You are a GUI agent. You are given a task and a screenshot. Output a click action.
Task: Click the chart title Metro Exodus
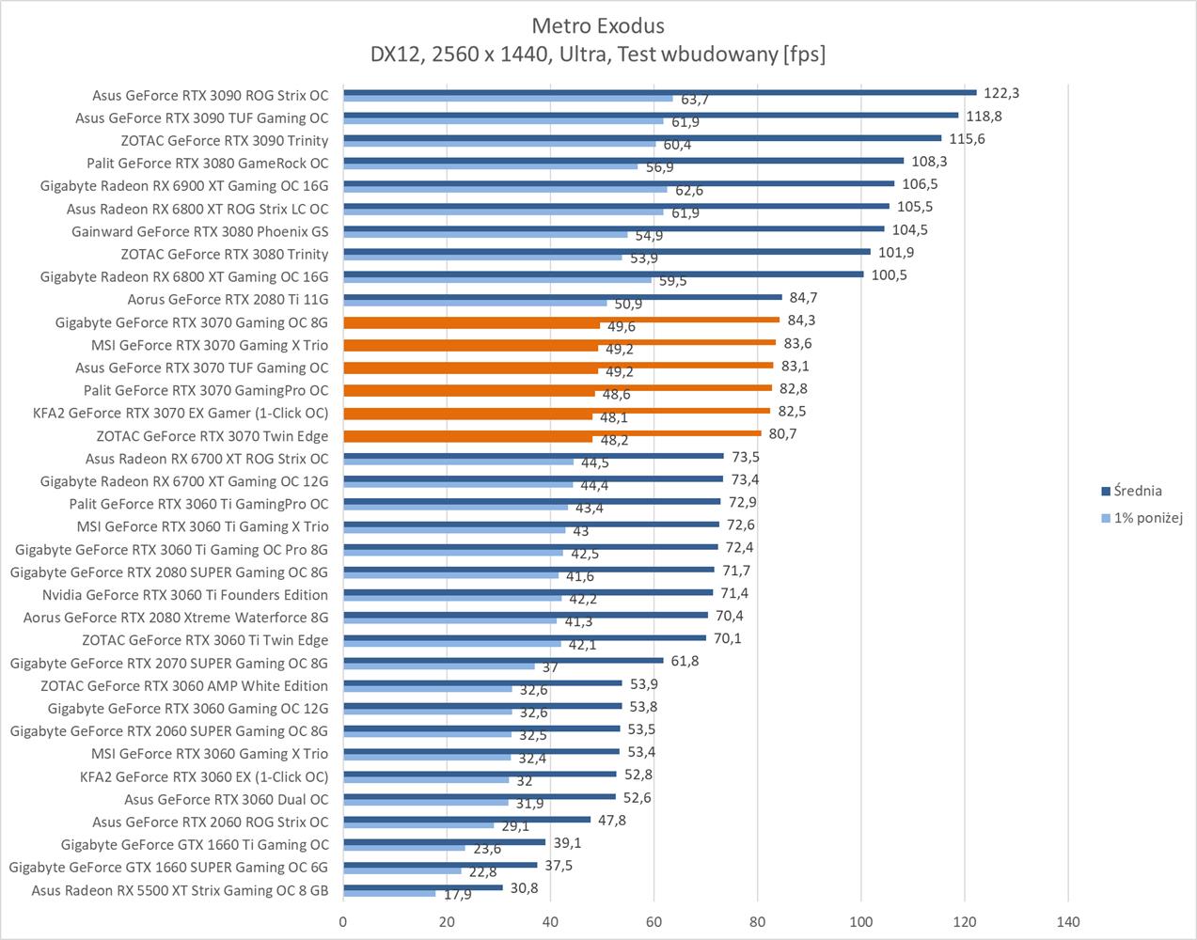[598, 25]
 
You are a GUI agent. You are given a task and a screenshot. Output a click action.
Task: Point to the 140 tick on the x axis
[1068, 921]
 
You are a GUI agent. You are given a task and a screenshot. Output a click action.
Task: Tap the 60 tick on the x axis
[654, 921]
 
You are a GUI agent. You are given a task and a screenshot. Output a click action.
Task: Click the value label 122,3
[1001, 93]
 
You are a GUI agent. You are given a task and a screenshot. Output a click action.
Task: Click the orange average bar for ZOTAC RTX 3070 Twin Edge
[552, 433]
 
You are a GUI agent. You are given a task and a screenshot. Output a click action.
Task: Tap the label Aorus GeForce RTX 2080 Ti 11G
[228, 300]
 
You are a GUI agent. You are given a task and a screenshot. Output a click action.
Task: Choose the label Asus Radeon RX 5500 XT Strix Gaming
[180, 890]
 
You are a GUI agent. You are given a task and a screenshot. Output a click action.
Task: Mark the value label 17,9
[458, 895]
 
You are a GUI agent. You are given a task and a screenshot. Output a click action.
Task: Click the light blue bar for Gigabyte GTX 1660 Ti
[404, 848]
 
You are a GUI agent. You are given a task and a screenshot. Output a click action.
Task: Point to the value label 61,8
[685, 661]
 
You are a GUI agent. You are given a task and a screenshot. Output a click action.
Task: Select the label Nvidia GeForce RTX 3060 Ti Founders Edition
[185, 595]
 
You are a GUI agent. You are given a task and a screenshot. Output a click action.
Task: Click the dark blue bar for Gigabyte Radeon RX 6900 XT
[619, 183]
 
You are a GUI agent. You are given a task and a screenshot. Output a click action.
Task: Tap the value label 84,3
[802, 321]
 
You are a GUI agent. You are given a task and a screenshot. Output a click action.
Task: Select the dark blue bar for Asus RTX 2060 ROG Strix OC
[466, 820]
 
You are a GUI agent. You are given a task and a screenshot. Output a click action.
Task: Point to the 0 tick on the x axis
[343, 921]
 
